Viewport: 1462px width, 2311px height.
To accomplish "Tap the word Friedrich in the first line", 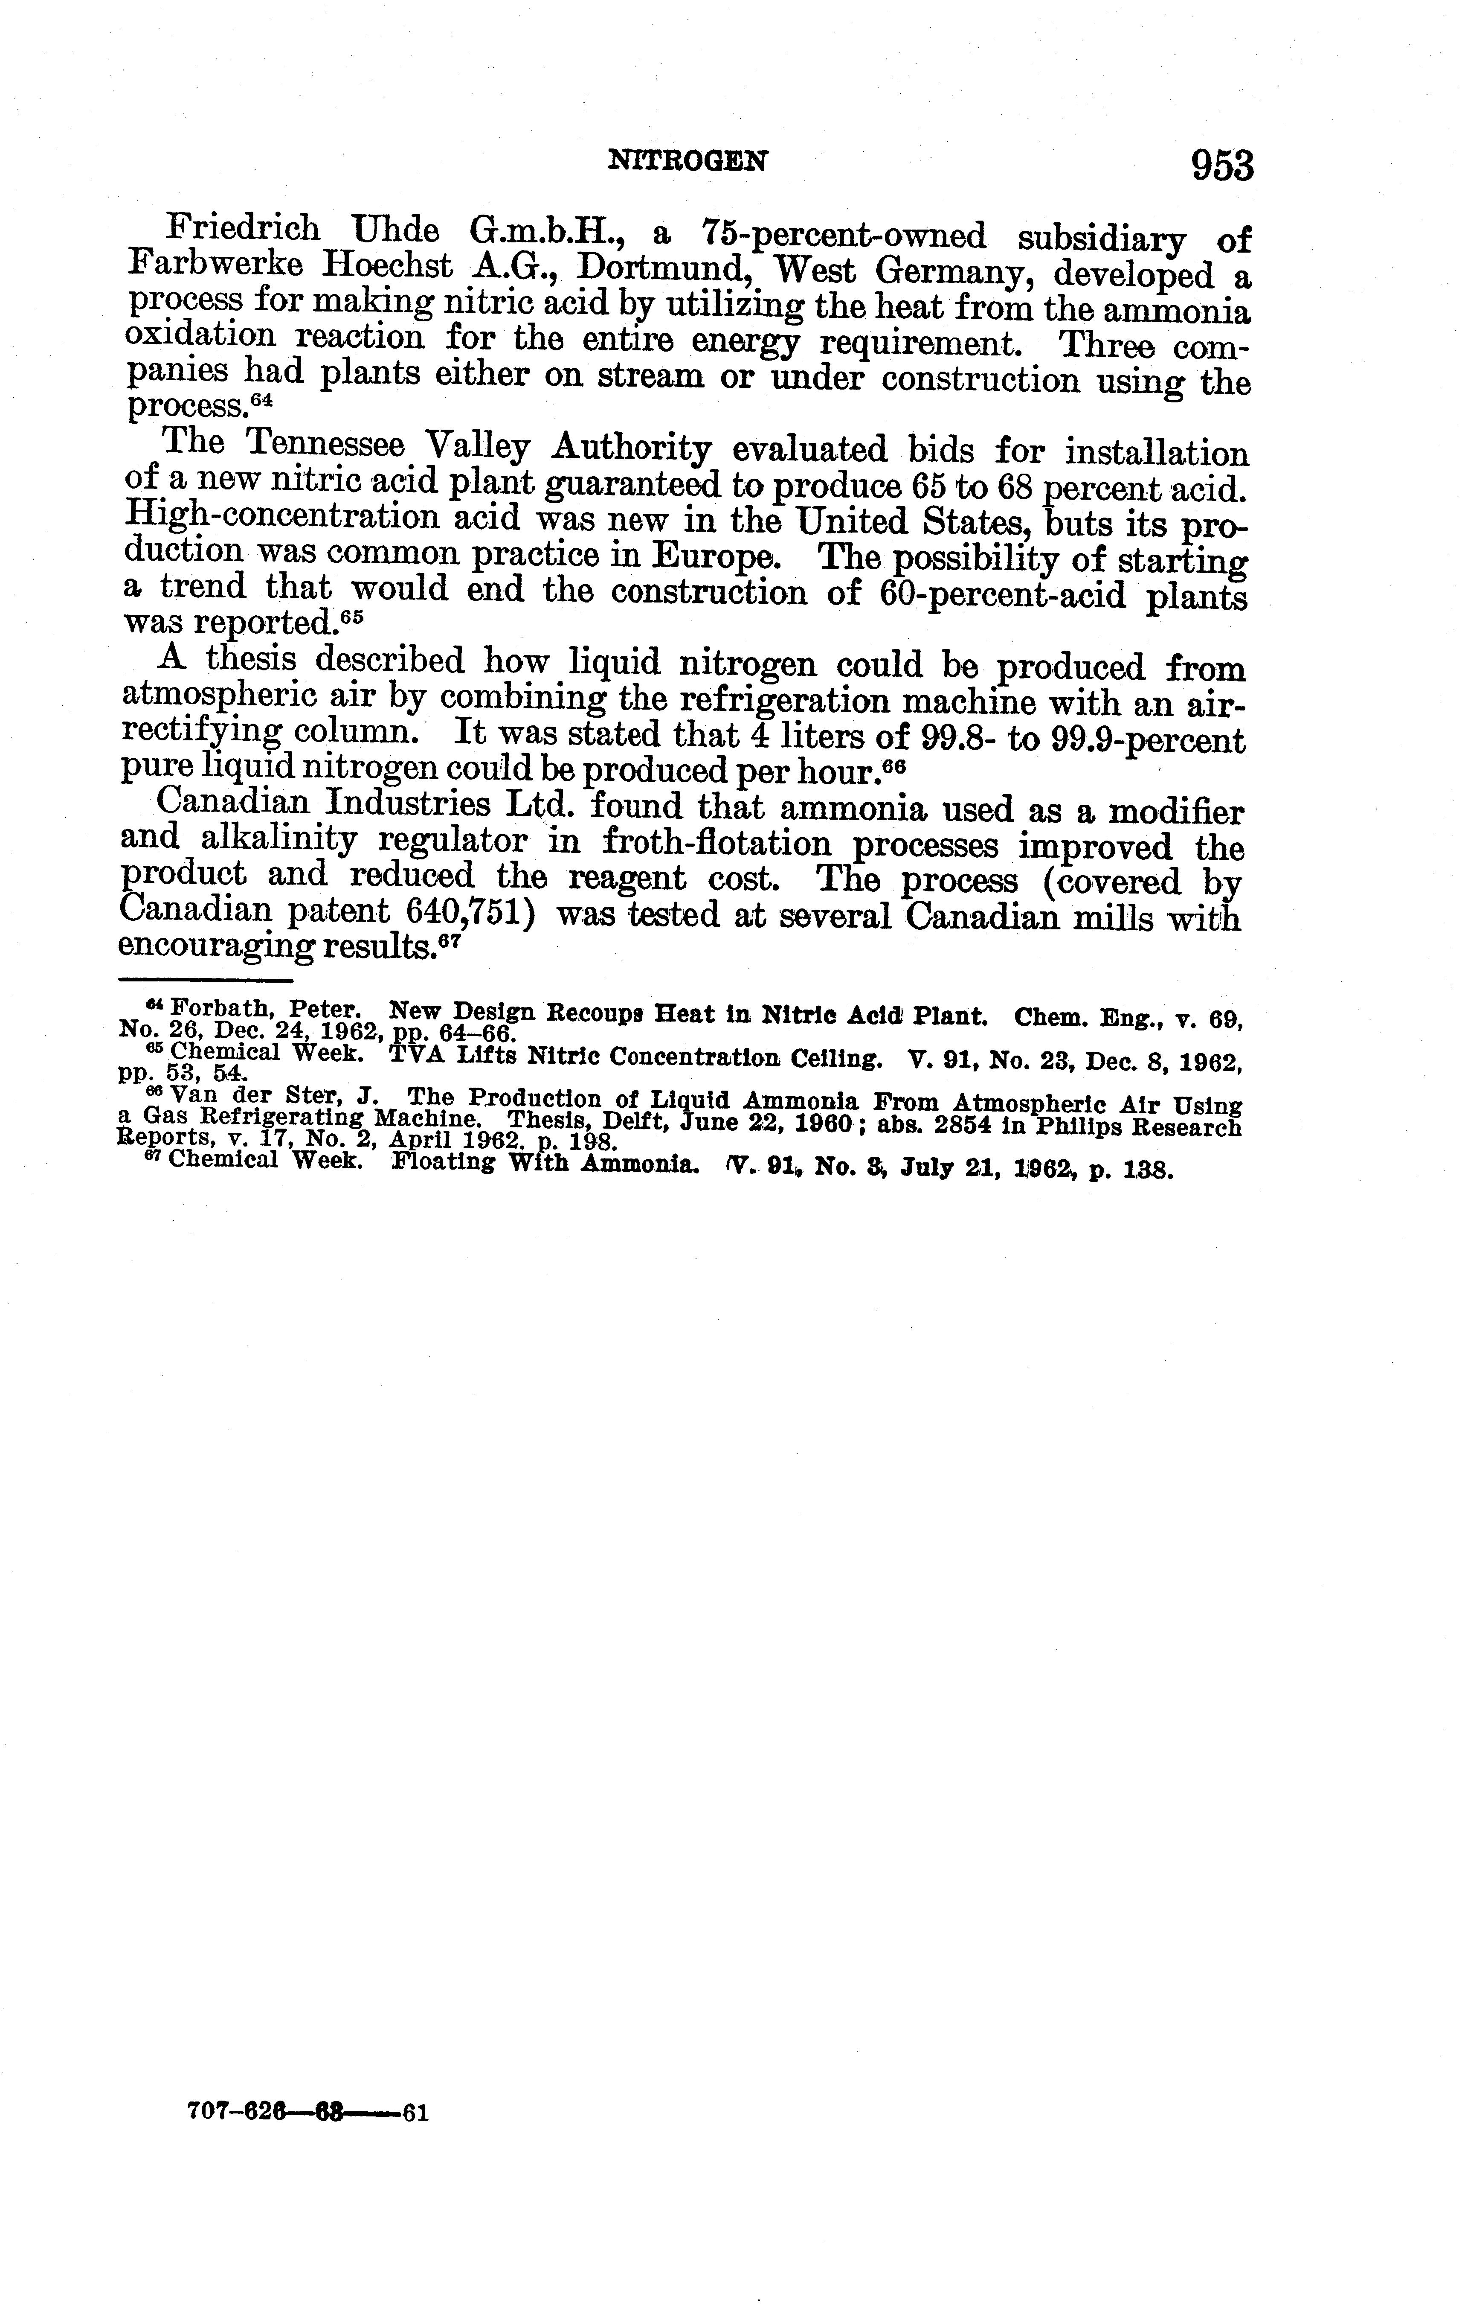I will click(243, 228).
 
